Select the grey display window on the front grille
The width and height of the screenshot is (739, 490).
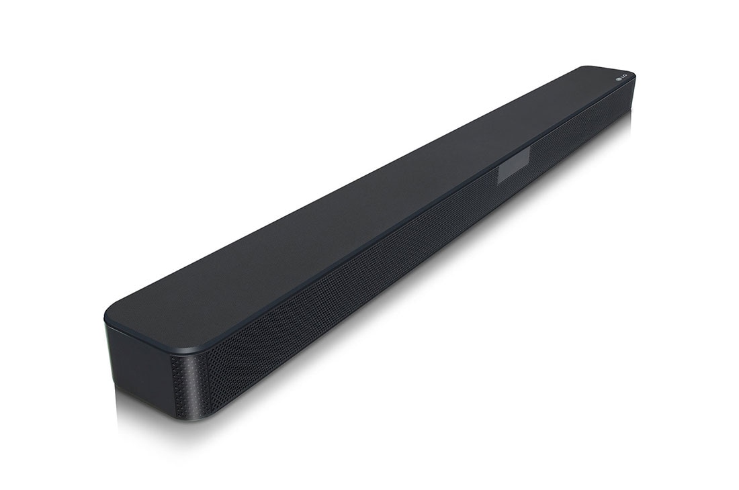coord(513,164)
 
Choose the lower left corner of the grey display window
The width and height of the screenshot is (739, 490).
coord(498,182)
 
